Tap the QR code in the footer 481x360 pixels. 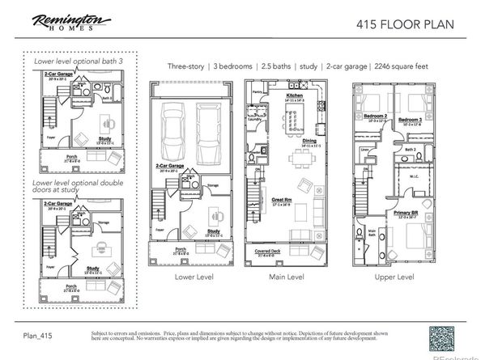tap(445, 336)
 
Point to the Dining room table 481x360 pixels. tap(288, 159)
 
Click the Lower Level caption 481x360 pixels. tap(193, 277)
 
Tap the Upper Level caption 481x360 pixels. tap(394, 277)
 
